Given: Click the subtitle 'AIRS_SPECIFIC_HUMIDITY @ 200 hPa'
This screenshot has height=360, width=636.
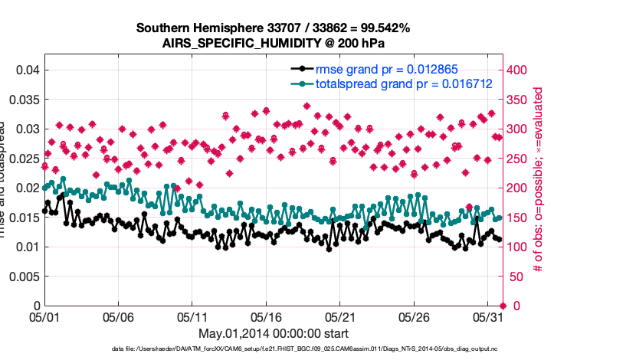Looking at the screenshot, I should pyautogui.click(x=273, y=43).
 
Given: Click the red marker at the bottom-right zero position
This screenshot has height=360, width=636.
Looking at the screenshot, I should pyautogui.click(x=503, y=306).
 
